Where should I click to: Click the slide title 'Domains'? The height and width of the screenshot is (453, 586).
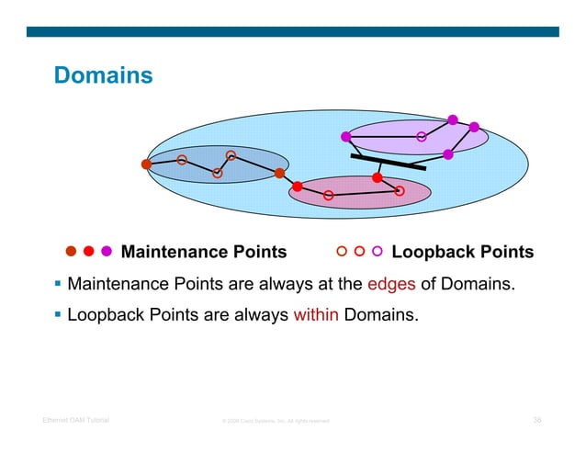(x=103, y=75)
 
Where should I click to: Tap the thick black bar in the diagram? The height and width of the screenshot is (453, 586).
(x=388, y=163)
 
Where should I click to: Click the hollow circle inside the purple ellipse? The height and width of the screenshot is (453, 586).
(x=422, y=137)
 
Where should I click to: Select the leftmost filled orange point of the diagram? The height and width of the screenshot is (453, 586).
(x=146, y=164)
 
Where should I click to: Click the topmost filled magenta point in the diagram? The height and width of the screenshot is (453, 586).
(x=453, y=119)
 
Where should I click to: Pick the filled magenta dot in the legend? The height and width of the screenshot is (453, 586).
(x=107, y=251)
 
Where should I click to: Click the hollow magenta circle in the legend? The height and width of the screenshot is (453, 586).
(x=377, y=251)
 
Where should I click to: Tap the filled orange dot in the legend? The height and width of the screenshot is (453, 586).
(x=71, y=251)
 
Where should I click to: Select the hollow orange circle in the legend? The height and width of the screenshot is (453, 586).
(x=342, y=251)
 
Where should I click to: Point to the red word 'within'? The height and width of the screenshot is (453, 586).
(x=316, y=316)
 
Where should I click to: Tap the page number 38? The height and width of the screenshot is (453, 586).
(x=537, y=421)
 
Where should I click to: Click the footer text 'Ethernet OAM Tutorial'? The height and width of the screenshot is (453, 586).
(x=75, y=421)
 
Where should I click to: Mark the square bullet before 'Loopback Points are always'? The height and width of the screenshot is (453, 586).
(x=57, y=316)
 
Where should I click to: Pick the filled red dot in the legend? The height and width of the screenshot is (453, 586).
(x=89, y=251)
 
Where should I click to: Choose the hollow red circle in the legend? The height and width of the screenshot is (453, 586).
(x=359, y=251)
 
